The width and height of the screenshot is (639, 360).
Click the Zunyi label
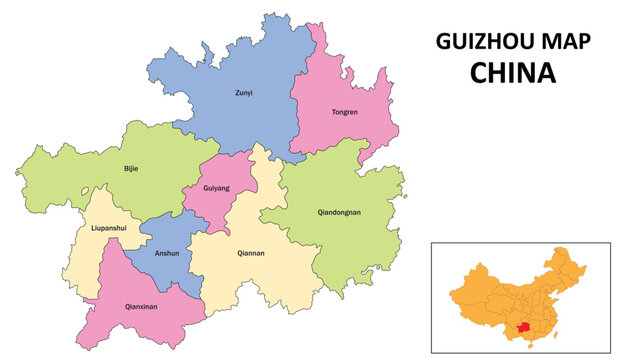click(244, 93)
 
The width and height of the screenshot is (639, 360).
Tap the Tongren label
click(345, 111)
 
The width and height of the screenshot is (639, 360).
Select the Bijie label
click(131, 168)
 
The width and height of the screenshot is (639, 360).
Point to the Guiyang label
click(216, 187)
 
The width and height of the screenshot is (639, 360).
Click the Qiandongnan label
click(339, 212)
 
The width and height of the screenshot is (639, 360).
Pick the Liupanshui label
click(108, 228)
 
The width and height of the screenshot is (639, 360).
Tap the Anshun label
click(167, 253)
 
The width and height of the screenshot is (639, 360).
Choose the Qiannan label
click(251, 253)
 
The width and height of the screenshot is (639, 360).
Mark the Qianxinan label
click(140, 306)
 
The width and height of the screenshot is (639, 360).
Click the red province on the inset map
click(522, 327)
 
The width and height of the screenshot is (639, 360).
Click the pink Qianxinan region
click(150, 320)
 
